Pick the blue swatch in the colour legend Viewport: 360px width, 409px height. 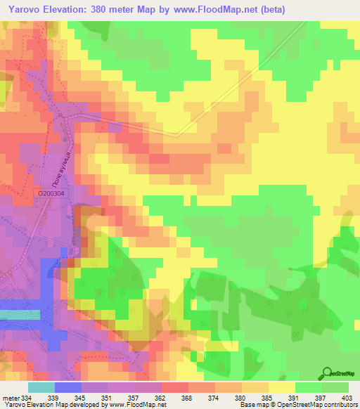click(x=67, y=387)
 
